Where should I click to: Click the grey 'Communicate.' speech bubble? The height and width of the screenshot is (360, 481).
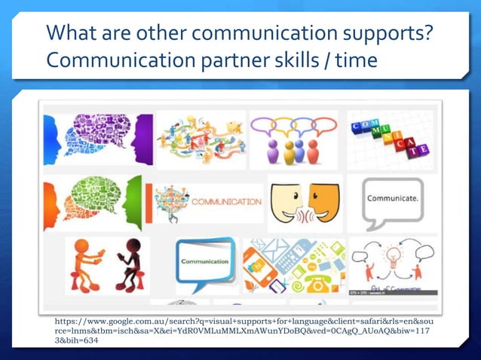(x=390, y=200)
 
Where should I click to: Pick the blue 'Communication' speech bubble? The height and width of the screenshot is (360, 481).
(x=204, y=263)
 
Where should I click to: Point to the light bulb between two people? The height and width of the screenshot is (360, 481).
(x=391, y=256)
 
